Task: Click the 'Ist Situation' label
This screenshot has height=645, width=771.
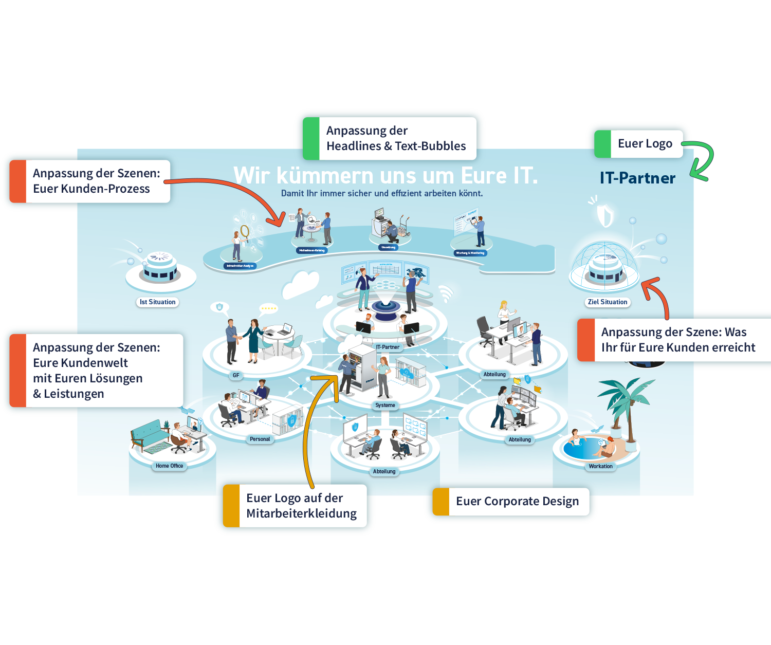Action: click(157, 302)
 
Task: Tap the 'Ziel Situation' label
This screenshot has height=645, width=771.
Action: click(608, 302)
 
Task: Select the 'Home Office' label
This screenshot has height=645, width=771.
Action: click(169, 466)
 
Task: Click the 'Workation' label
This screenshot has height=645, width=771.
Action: click(600, 467)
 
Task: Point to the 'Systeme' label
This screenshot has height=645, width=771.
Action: click(385, 406)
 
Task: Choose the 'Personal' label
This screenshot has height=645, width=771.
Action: click(260, 439)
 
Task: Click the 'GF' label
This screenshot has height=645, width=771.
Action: click(236, 376)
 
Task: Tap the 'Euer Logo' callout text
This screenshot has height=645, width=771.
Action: click(645, 144)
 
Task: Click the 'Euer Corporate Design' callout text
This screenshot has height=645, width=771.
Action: click(517, 502)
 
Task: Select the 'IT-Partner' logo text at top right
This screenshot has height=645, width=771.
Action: click(637, 178)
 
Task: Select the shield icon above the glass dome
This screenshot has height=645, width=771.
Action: click(605, 214)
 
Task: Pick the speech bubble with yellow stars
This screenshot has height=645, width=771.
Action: click(268, 308)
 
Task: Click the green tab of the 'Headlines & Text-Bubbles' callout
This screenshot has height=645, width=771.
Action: click(311, 139)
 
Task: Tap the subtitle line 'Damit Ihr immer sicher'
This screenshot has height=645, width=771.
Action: click(381, 194)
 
